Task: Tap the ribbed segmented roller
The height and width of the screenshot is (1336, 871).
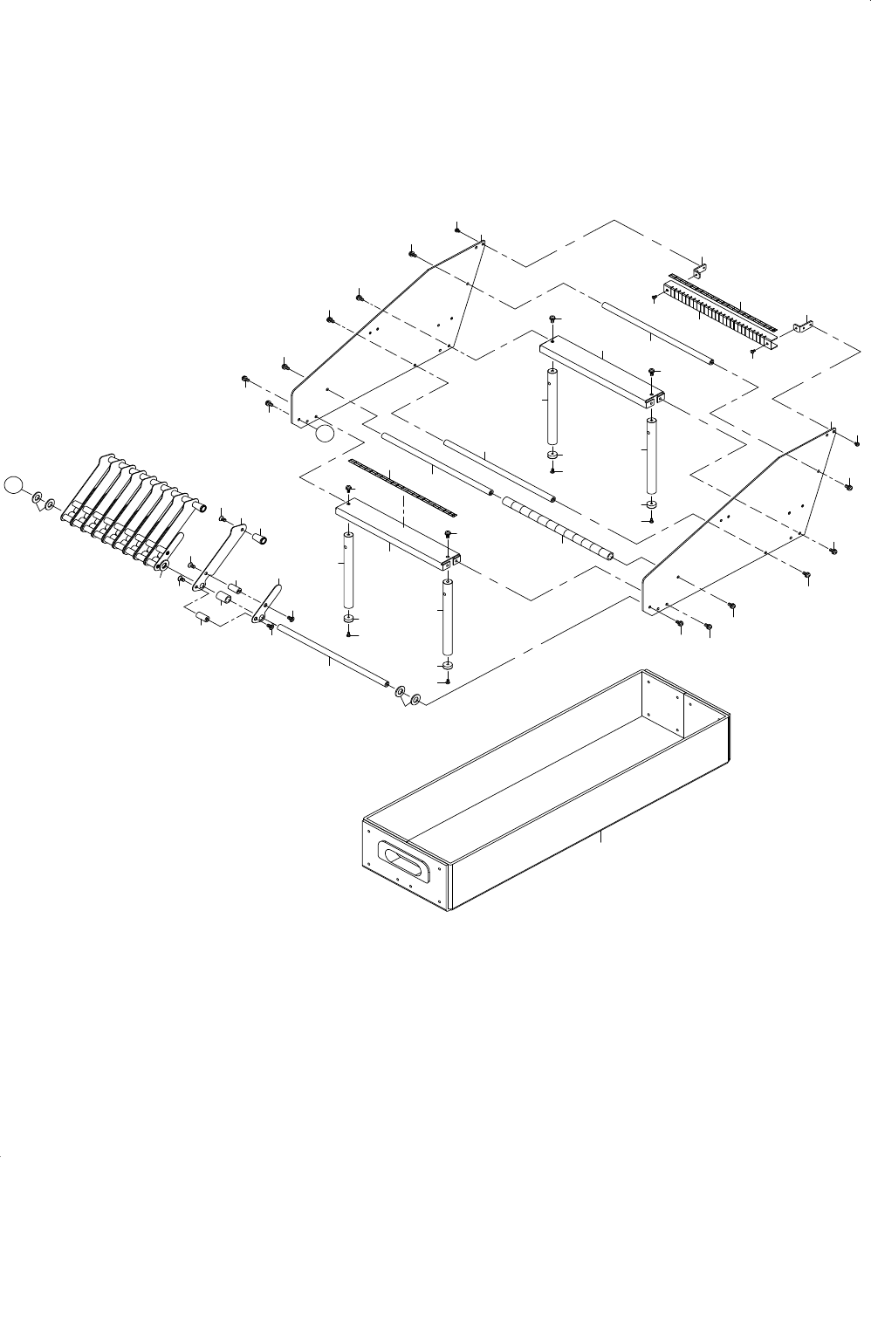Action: point(557,529)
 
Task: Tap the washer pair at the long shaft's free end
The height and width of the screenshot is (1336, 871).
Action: point(408,696)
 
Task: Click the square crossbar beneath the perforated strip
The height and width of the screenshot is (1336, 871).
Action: point(397,538)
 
